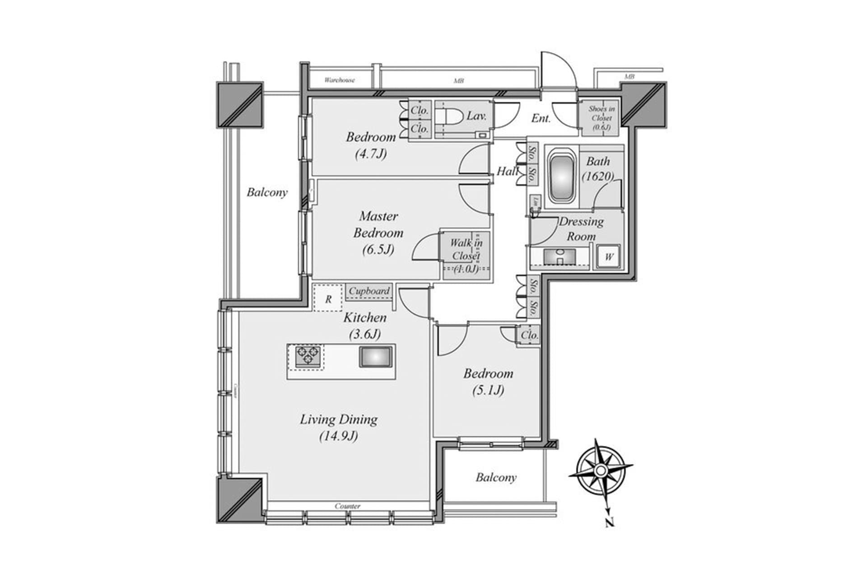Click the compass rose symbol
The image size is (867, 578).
601,471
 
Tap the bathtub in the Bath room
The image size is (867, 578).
561,177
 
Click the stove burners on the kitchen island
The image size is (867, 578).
308,355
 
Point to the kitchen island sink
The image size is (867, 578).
376,357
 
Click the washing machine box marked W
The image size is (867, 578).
609,257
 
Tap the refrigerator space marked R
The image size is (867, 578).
328,298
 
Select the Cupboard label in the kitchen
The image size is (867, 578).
369,291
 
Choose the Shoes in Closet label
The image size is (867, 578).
601,118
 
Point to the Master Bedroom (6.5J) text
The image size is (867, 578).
378,233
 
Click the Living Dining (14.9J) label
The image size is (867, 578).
339,427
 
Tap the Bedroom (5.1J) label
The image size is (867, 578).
488,382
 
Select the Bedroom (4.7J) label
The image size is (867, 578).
371,145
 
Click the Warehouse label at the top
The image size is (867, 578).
340,80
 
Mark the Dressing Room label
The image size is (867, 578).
581,229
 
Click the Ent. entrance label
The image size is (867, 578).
541,118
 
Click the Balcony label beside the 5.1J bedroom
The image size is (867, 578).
496,477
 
